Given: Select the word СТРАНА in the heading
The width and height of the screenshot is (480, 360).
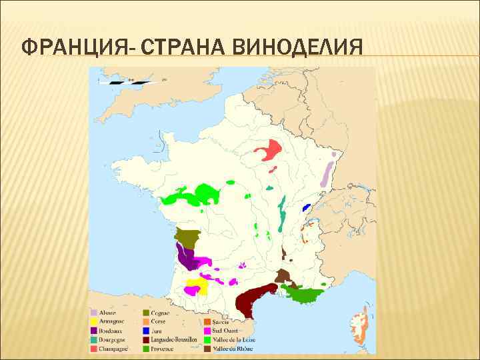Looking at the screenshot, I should tap(174, 48).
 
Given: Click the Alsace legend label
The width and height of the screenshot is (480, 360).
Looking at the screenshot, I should tap(107, 313).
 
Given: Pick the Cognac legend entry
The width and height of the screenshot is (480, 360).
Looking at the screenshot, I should tap(160, 313).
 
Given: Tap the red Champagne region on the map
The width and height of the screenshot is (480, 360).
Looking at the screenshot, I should tap(270, 150).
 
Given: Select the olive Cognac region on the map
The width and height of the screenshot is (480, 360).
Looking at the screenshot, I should tap(188, 237).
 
